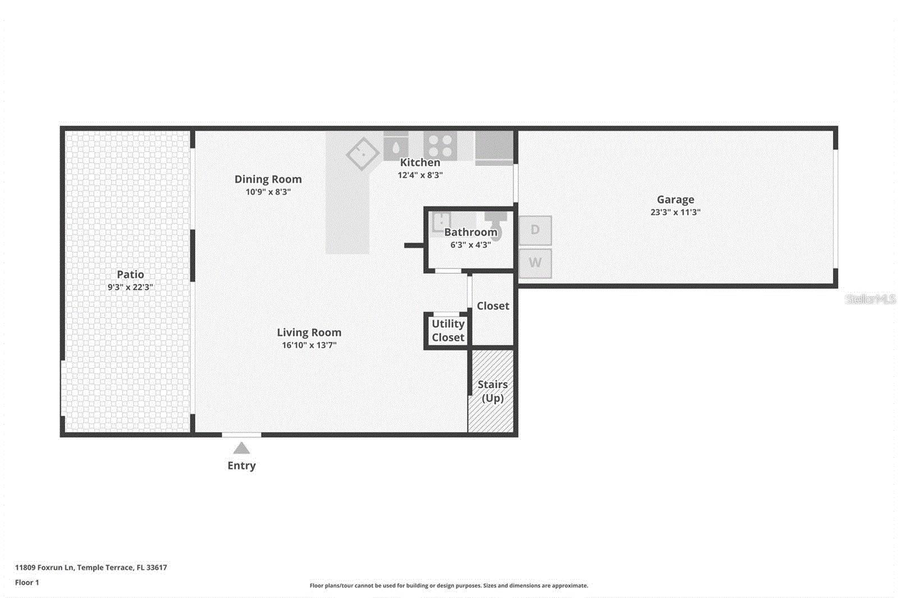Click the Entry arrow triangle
(x=241, y=448)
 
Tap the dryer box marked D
(x=535, y=230)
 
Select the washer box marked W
(x=535, y=263)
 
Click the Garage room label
(x=675, y=200)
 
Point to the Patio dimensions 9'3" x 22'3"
(x=130, y=287)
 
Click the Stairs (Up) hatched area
(x=492, y=391)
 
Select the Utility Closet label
(x=447, y=330)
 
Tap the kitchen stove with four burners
(x=440, y=145)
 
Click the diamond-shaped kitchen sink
(x=363, y=153)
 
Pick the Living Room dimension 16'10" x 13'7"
(x=309, y=346)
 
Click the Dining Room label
(x=268, y=180)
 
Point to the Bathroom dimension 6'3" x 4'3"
(x=470, y=245)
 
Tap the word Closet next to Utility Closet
(x=493, y=306)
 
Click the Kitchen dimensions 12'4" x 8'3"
(x=420, y=175)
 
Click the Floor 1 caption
(x=27, y=583)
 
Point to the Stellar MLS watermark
(x=870, y=299)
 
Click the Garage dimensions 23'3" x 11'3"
(x=675, y=213)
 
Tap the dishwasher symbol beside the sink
(x=396, y=147)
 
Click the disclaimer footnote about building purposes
(x=448, y=586)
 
